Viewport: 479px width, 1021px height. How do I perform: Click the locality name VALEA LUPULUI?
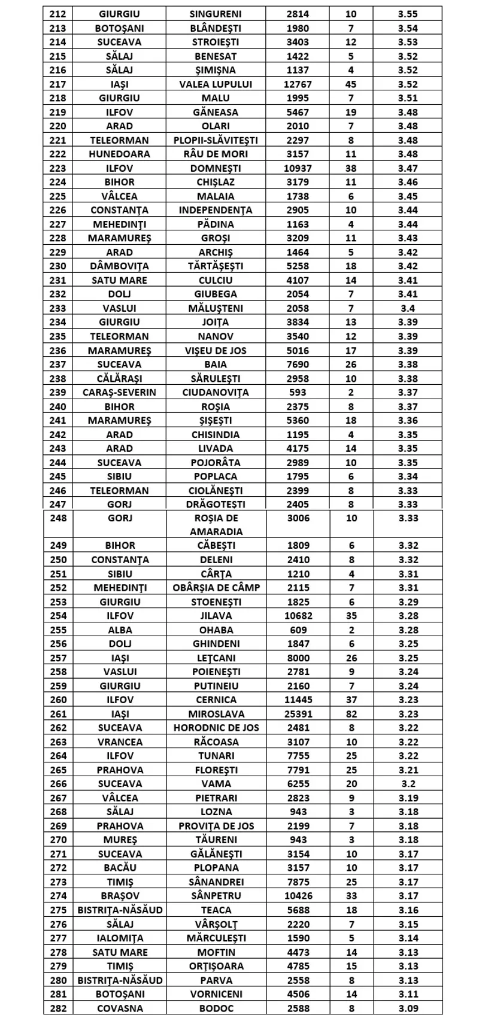click(x=216, y=84)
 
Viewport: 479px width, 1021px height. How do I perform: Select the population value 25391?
click(x=298, y=714)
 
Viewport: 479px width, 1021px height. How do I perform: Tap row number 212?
click(x=58, y=14)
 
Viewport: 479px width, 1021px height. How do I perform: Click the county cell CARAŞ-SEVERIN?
click(x=119, y=393)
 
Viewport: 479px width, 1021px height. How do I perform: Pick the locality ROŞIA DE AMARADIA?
click(x=216, y=525)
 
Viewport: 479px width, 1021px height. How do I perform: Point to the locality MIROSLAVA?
click(x=216, y=714)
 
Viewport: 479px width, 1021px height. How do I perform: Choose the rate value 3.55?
click(x=408, y=14)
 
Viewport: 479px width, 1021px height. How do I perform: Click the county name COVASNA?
click(x=119, y=1008)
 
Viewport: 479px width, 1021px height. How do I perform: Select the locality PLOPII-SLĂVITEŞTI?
click(x=216, y=140)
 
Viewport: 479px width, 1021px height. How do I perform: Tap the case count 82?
click(x=351, y=714)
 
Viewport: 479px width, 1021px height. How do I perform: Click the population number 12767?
click(x=298, y=84)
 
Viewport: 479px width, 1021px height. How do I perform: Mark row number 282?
click(x=58, y=1008)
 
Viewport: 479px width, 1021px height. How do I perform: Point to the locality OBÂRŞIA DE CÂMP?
click(x=216, y=588)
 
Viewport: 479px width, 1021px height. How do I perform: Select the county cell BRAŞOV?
click(x=119, y=896)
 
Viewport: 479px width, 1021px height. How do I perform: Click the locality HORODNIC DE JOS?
click(x=216, y=728)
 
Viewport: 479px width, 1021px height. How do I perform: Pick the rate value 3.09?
click(x=408, y=1008)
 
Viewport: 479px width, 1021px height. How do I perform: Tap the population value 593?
click(x=298, y=393)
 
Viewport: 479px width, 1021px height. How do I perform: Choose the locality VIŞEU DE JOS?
click(x=216, y=351)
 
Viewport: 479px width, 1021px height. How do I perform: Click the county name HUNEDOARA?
click(x=119, y=154)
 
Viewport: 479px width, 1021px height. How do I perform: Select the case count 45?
click(x=351, y=84)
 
